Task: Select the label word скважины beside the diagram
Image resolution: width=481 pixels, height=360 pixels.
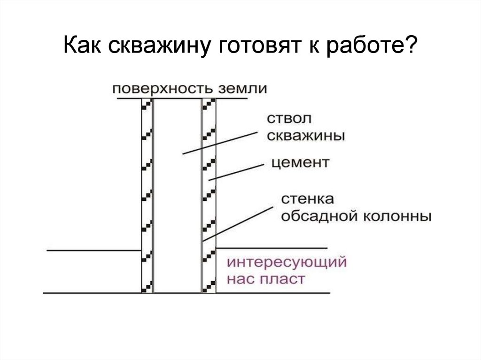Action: click(x=305, y=136)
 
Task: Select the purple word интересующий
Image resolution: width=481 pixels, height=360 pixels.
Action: click(x=287, y=261)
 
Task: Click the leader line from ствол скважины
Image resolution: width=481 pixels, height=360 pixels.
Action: click(x=221, y=143)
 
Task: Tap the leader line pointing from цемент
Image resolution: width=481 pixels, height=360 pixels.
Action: click(x=235, y=172)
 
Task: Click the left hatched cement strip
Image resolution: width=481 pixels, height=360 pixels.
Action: click(x=147, y=197)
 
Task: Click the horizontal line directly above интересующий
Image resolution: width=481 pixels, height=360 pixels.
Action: click(x=271, y=248)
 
